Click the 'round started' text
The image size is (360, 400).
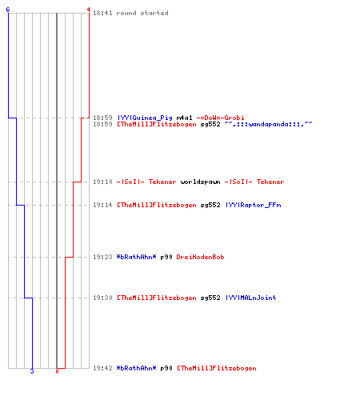tap(142, 13)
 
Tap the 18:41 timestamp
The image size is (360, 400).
tap(102, 13)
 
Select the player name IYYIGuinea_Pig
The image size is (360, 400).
tap(145, 118)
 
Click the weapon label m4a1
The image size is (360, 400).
tap(184, 118)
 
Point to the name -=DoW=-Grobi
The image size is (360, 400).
tap(220, 118)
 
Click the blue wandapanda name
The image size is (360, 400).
tap(268, 124)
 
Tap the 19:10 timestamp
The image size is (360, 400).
tap(102, 182)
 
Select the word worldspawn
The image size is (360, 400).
tap(200, 182)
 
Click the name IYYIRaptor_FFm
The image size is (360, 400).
tap(253, 205)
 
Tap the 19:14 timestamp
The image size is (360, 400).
tap(102, 205)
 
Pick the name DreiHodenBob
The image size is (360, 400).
tap(200, 257)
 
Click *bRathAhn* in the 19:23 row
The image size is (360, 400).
tap(136, 257)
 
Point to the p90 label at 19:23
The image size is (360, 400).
tap(166, 257)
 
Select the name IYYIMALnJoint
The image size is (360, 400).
tap(250, 298)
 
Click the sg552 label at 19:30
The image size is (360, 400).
tap(210, 298)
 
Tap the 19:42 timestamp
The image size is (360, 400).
tap(102, 368)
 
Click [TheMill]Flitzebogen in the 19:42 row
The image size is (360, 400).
tap(217, 368)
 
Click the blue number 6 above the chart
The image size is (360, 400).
tap(8, 10)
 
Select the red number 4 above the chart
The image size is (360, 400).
tap(89, 10)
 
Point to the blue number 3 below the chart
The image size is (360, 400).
tap(32, 371)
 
